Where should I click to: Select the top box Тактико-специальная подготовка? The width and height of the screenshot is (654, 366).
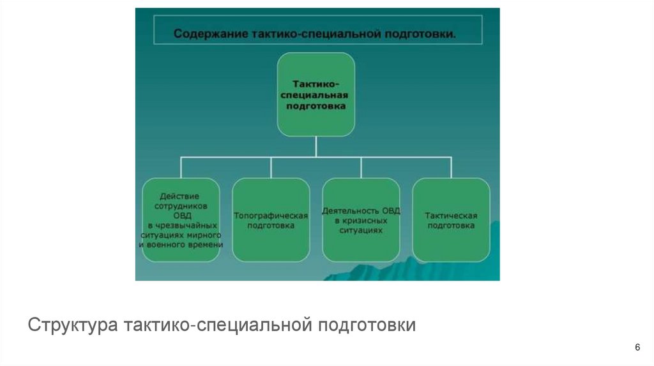[x=316, y=94]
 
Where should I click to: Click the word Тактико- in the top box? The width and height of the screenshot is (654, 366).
[x=316, y=84]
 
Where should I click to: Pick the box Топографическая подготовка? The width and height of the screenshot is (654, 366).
[x=271, y=220]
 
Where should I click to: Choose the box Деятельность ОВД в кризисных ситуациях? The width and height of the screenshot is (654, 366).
[x=361, y=220]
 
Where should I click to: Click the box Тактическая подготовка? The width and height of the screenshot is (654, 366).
[x=451, y=220]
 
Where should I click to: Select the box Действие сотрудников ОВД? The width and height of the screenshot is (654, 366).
[x=180, y=220]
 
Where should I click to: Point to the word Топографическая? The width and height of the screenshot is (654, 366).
[x=271, y=216]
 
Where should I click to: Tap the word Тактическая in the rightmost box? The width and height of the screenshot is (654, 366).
[x=451, y=216]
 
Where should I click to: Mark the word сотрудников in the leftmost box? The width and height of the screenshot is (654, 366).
[x=181, y=207]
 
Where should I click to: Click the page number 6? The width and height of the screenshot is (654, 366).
[x=637, y=347]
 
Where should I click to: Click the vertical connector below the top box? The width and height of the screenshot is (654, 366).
[x=316, y=147]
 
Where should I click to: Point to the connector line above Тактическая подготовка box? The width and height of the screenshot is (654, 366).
[x=451, y=168]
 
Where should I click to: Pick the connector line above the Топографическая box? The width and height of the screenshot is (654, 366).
[x=271, y=168]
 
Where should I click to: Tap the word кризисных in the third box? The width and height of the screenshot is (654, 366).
[x=361, y=220]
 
